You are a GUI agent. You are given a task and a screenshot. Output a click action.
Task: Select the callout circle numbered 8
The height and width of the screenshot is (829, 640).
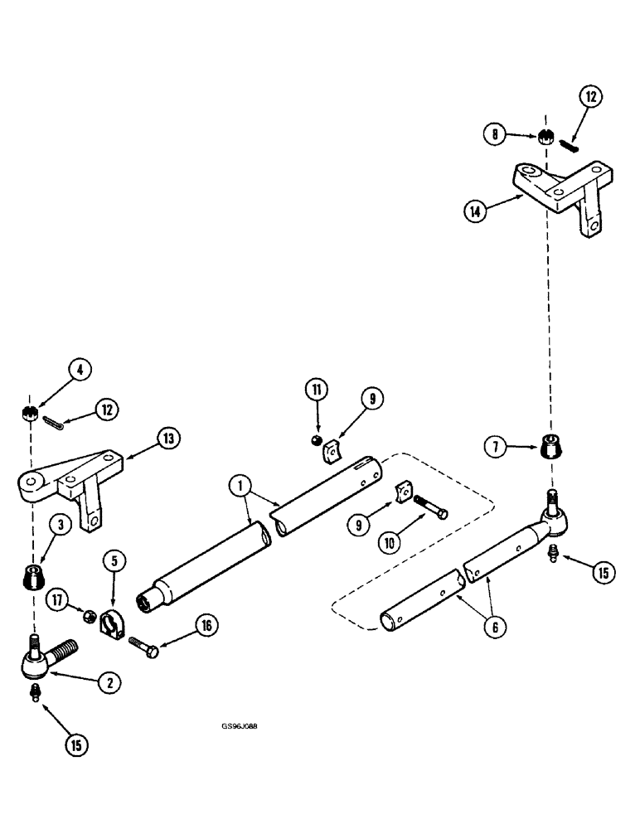[x=495, y=133]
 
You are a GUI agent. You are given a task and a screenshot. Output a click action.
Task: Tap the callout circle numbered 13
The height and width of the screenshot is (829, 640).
[x=168, y=439]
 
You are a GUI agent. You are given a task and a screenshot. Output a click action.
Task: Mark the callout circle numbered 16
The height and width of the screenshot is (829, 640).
[x=206, y=625]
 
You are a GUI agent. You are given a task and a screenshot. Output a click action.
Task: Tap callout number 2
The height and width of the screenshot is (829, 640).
[x=109, y=681]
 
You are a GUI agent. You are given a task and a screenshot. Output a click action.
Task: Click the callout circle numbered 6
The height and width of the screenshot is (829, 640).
[x=494, y=628]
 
